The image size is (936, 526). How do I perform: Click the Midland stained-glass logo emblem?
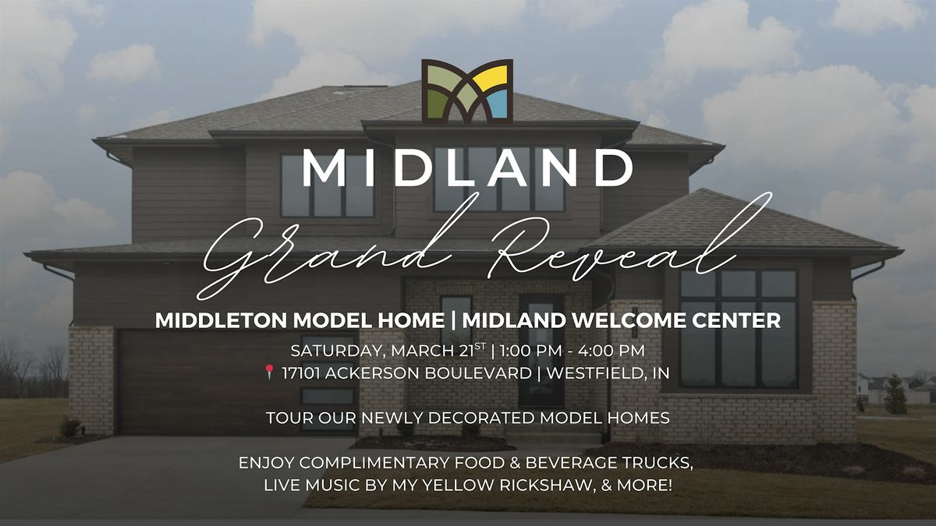click(467, 91)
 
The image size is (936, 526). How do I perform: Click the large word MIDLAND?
click(467, 168)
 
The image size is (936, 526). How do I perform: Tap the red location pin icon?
click(270, 372)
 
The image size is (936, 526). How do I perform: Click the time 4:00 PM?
click(612, 351)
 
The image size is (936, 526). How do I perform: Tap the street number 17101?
click(301, 373)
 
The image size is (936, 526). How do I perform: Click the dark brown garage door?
click(200, 382)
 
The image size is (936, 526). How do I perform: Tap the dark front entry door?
click(541, 351)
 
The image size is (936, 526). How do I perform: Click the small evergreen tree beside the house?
click(895, 394)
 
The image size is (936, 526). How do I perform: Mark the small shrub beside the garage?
click(71, 427)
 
